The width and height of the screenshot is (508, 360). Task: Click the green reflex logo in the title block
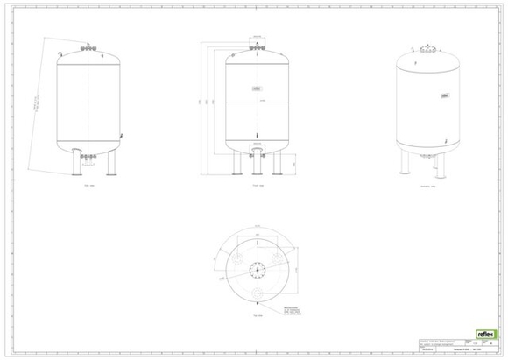click(485, 334)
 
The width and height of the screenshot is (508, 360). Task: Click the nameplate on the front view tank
click(257, 89)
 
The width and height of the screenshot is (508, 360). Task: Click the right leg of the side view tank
click(112, 164)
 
